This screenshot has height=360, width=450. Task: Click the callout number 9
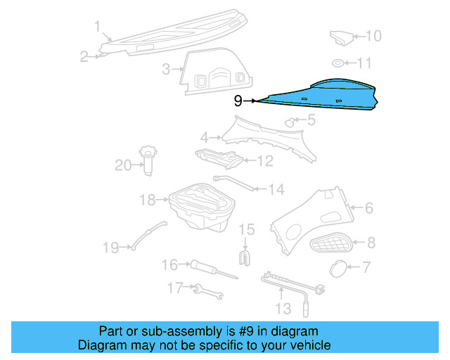point(238,101)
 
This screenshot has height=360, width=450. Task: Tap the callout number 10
point(373,36)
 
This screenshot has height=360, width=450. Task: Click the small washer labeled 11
point(338,64)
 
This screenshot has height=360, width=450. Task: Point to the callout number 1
point(97,27)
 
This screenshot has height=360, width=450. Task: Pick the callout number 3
point(167,69)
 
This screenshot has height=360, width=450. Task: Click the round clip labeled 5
point(289,123)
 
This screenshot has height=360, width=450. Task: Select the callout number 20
point(123,165)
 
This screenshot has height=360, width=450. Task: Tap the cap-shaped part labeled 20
point(148,159)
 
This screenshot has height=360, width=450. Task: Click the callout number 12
point(264,161)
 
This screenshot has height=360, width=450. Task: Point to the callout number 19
point(111,247)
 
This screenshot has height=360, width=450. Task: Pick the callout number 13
point(282,308)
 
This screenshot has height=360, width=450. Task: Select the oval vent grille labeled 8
point(331,245)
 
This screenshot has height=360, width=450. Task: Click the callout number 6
point(368,207)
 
